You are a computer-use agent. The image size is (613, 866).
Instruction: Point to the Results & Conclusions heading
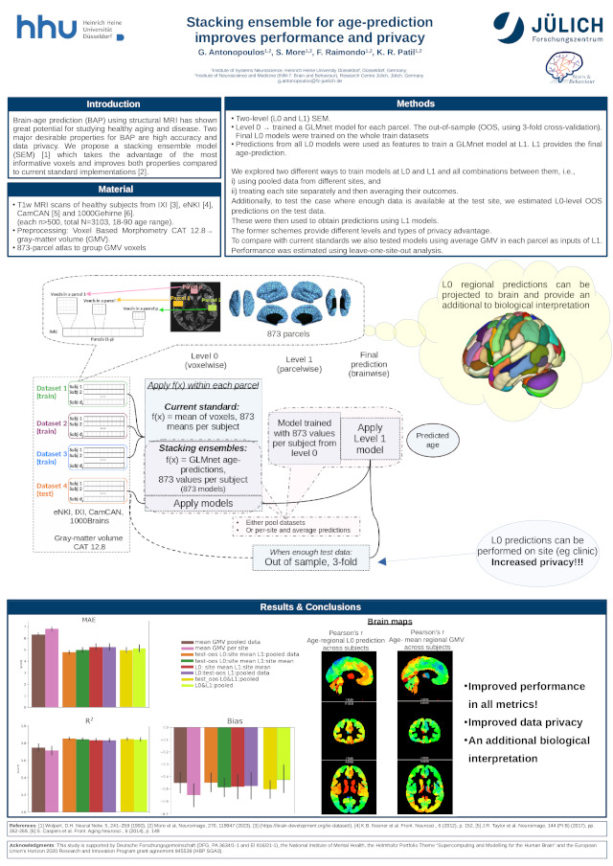306,606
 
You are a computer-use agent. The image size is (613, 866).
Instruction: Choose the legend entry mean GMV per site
228,648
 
